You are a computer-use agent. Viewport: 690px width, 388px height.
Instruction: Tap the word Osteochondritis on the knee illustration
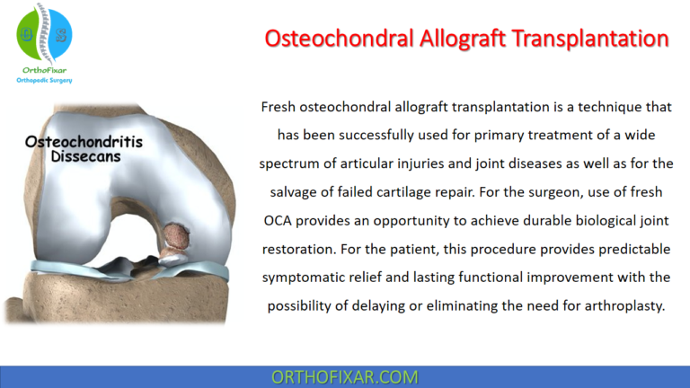tap(84, 142)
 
